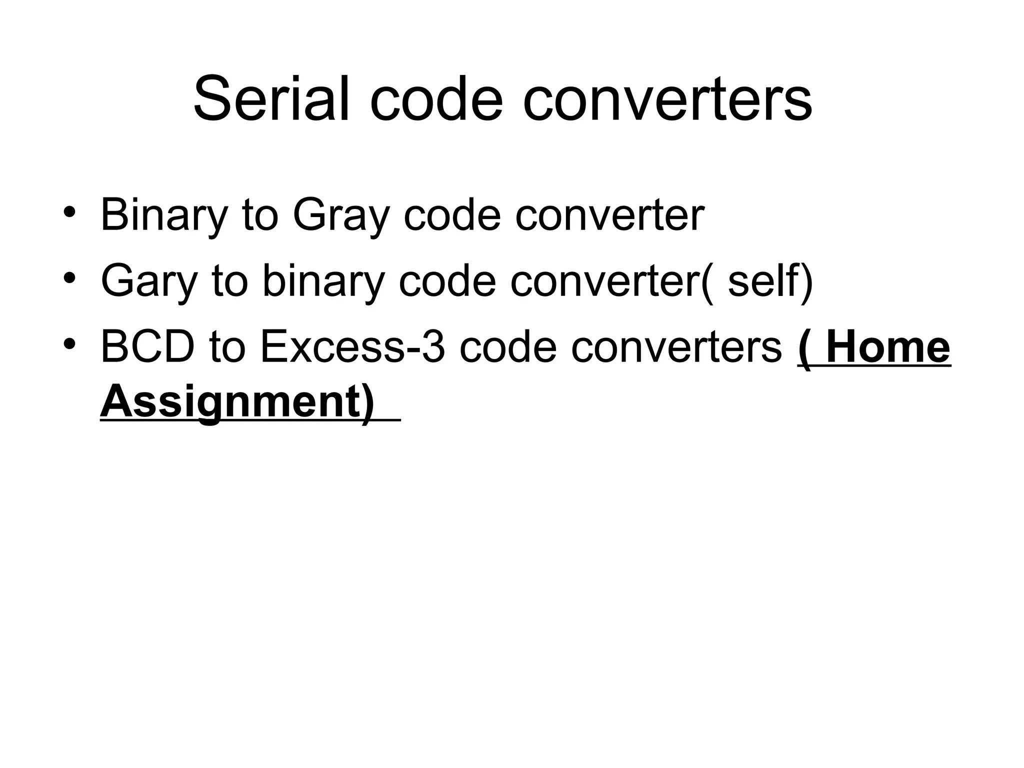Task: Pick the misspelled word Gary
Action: coord(149,281)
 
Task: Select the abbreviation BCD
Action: coord(147,347)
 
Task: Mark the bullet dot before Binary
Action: coord(69,211)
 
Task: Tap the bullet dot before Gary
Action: coord(69,277)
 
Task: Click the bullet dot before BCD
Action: coord(69,343)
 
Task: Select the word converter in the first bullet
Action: coord(609,215)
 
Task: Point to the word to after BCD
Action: coord(227,347)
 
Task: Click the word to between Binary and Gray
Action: coord(259,215)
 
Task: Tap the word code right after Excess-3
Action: coord(507,347)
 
